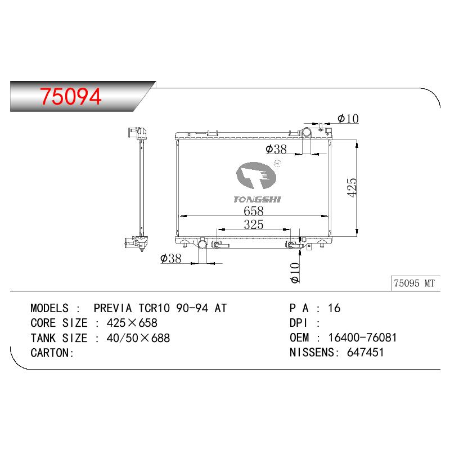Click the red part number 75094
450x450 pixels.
[71, 96]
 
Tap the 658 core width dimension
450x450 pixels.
[254, 211]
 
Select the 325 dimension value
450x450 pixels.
[254, 224]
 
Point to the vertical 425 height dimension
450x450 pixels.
[352, 188]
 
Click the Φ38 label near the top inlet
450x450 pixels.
[276, 149]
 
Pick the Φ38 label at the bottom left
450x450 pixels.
[171, 258]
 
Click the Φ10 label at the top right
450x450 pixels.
[348, 119]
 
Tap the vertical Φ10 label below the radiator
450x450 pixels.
[295, 273]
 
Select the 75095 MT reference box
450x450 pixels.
[415, 283]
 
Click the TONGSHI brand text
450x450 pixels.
[257, 200]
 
